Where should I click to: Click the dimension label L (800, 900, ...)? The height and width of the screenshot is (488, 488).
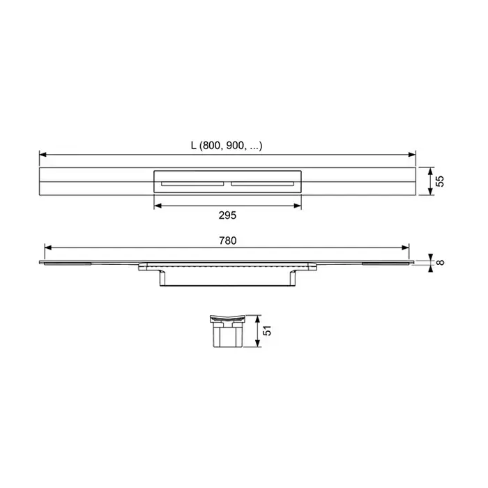227,145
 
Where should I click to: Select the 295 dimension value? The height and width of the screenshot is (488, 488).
227,215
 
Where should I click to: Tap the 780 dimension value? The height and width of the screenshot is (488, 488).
227,241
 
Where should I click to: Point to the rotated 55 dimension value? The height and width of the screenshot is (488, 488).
440,181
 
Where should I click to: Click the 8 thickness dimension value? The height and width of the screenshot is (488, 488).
440,262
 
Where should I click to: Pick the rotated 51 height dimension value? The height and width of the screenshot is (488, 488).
267,330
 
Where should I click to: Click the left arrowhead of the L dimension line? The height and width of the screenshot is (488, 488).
43,154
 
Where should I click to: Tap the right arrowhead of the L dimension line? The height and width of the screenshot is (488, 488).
412,154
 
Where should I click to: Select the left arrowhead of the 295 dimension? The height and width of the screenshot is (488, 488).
158,206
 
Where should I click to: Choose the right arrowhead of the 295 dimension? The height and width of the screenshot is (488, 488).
298,206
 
